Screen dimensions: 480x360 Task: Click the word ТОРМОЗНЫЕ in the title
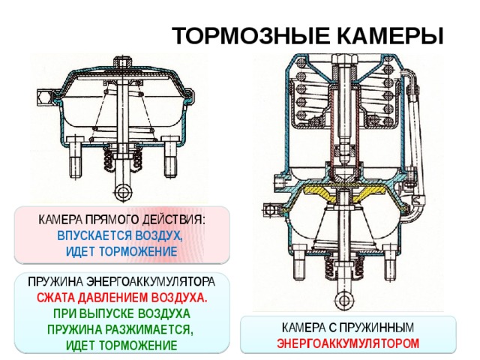pos(250,36)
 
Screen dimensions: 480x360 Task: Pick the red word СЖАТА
pos(56,298)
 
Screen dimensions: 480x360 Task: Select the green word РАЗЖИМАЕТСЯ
pos(149,330)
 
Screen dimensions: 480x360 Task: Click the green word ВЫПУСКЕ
pos(107,313)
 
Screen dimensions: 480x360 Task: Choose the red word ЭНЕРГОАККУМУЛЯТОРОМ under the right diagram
pos(348,343)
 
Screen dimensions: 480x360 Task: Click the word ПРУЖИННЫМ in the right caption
pos(376,328)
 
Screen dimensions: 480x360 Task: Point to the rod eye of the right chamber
pos(345,300)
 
